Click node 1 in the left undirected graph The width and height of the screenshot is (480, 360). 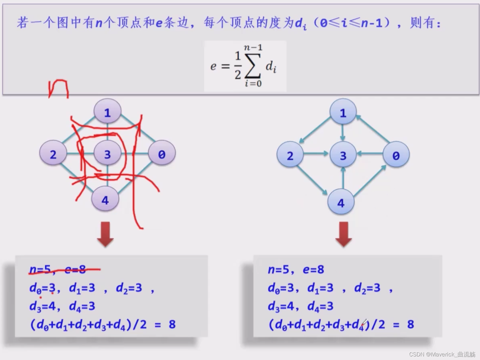pyautogui.click(x=108, y=112)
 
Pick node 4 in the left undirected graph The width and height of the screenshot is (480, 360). pyautogui.click(x=105, y=199)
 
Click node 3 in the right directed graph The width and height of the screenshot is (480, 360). pyautogui.click(x=343, y=155)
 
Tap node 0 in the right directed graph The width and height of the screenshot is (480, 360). pyautogui.click(x=396, y=155)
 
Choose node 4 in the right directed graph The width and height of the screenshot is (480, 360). pyautogui.click(x=341, y=202)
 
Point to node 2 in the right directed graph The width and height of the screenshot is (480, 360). pyautogui.click(x=290, y=155)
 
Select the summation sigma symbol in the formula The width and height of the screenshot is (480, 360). pyautogui.click(x=253, y=66)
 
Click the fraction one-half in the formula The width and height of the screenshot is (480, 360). pyautogui.click(x=238, y=65)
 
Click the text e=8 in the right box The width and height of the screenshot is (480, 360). pyautogui.click(x=314, y=269)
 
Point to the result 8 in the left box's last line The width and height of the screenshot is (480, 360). pyautogui.click(x=172, y=324)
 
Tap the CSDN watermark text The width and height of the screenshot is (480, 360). pyautogui.click(x=442, y=354)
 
